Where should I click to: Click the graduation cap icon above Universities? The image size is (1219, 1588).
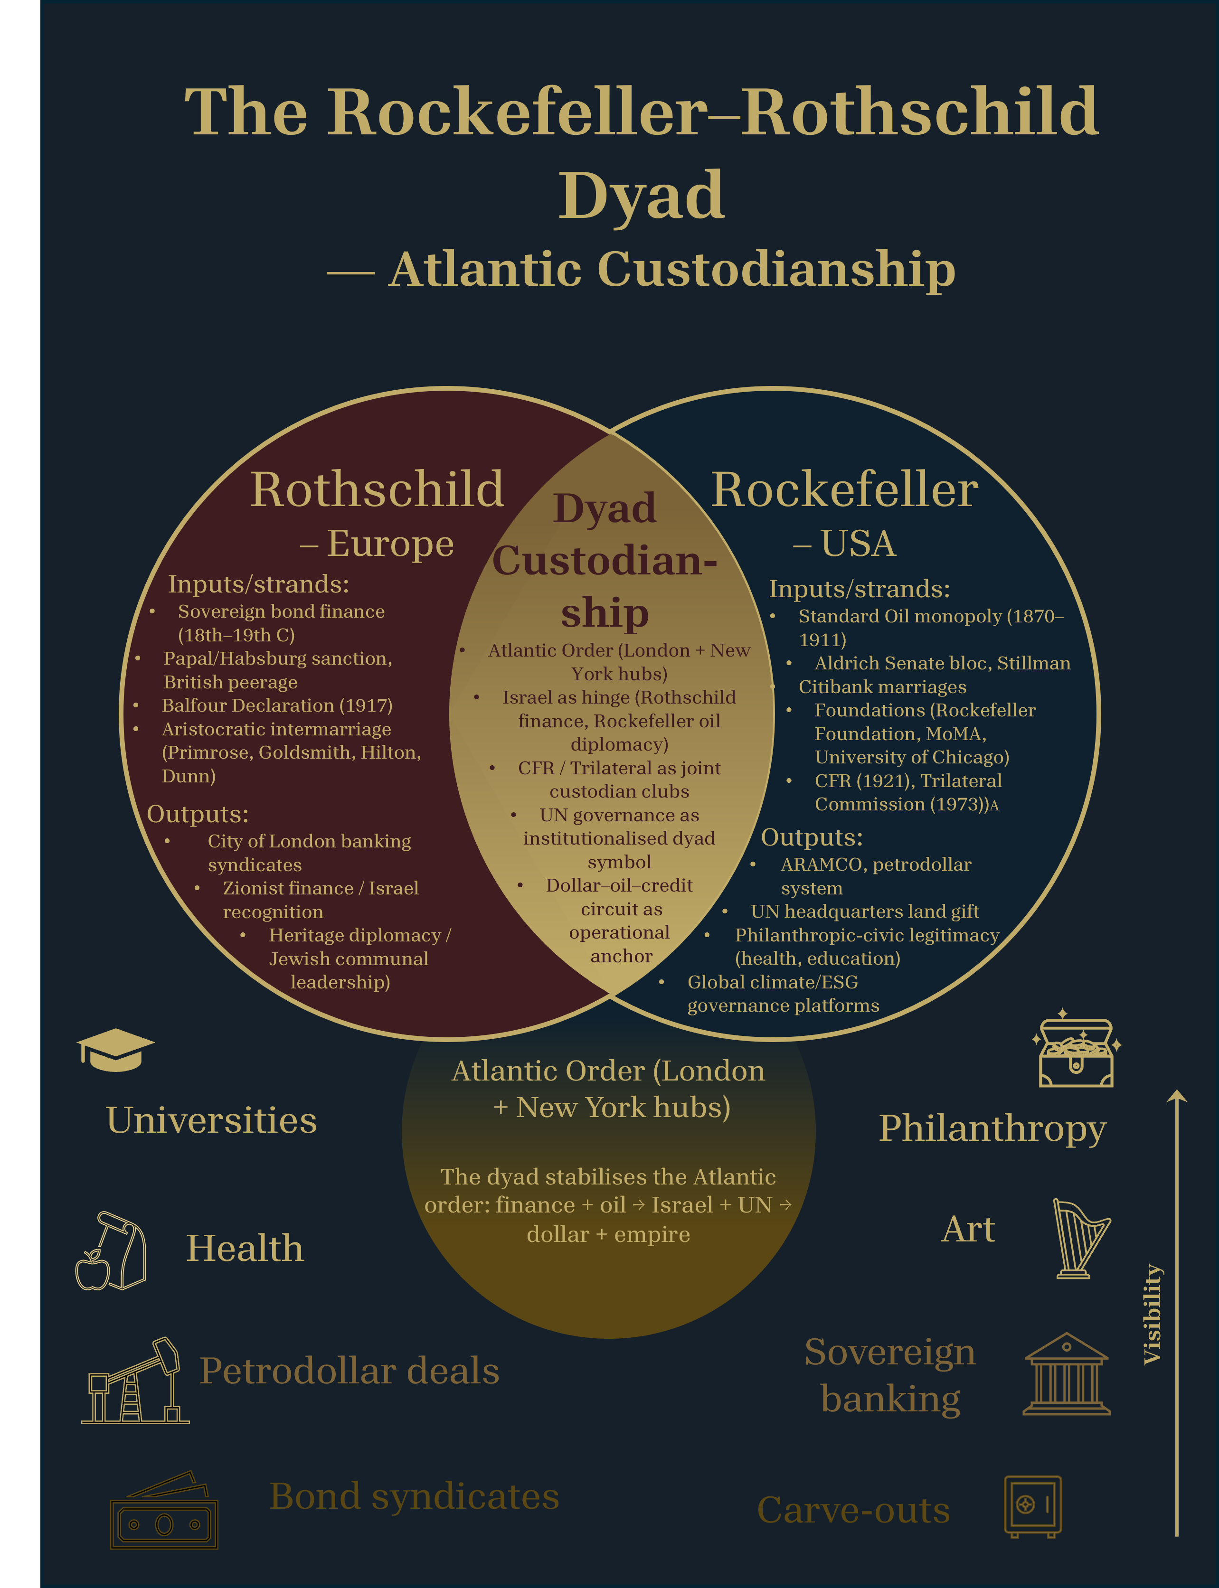pyautogui.click(x=115, y=1050)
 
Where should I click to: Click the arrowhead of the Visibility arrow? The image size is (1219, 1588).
pyautogui.click(x=1176, y=1096)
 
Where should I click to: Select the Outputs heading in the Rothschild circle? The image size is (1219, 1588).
pyautogui.click(x=198, y=814)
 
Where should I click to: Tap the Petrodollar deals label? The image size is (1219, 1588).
pyautogui.click(x=349, y=1371)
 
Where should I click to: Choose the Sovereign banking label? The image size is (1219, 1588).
pyautogui.click(x=890, y=1375)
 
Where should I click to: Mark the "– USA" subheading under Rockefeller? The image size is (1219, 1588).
pyautogui.click(x=845, y=544)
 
